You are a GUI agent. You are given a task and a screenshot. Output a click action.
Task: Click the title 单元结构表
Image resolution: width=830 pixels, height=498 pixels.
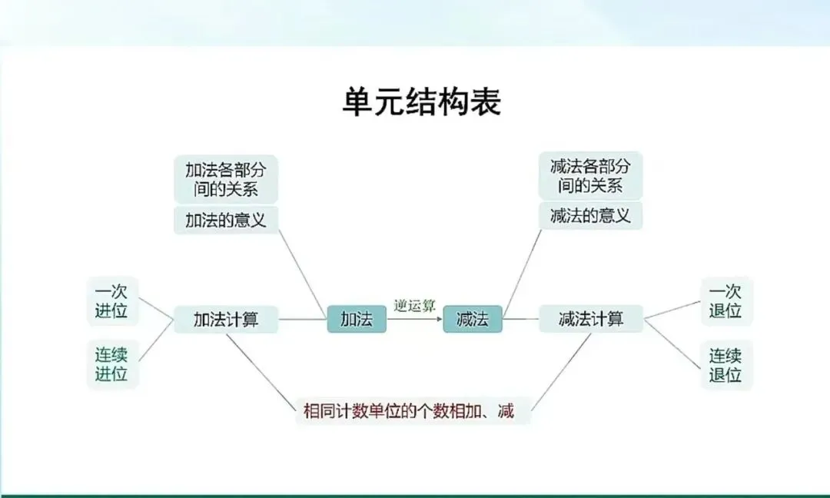(x=421, y=102)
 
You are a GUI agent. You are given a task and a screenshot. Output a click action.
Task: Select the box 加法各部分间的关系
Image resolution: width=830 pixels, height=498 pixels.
(x=225, y=178)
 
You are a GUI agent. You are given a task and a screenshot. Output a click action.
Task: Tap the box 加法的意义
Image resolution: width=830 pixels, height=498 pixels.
(x=225, y=220)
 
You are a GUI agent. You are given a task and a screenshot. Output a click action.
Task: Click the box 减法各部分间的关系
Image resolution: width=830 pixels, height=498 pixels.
(x=590, y=176)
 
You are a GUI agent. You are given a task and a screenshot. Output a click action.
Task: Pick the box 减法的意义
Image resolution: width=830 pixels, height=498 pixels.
(x=590, y=216)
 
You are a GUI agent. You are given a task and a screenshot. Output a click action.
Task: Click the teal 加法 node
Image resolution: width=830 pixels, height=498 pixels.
(x=357, y=319)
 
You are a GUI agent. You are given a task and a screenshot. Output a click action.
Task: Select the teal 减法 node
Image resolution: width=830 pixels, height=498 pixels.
(x=472, y=319)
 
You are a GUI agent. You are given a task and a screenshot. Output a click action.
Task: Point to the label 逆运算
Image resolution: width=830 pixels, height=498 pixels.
(x=414, y=305)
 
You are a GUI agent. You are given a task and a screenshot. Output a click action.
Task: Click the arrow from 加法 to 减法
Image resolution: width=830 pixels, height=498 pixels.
(x=414, y=317)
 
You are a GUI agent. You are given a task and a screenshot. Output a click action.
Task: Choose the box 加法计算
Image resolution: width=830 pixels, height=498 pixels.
(x=225, y=319)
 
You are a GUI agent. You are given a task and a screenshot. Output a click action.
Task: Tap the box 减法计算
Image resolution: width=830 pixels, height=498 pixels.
(x=590, y=318)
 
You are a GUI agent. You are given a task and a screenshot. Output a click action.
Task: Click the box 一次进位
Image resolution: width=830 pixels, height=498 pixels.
(x=111, y=301)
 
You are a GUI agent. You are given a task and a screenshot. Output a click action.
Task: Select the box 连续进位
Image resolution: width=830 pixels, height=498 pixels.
(x=111, y=364)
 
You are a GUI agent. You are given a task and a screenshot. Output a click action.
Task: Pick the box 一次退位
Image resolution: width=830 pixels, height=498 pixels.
(x=725, y=301)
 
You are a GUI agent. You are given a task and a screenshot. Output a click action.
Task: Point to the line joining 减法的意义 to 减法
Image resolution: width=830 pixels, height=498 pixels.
(x=523, y=269)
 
